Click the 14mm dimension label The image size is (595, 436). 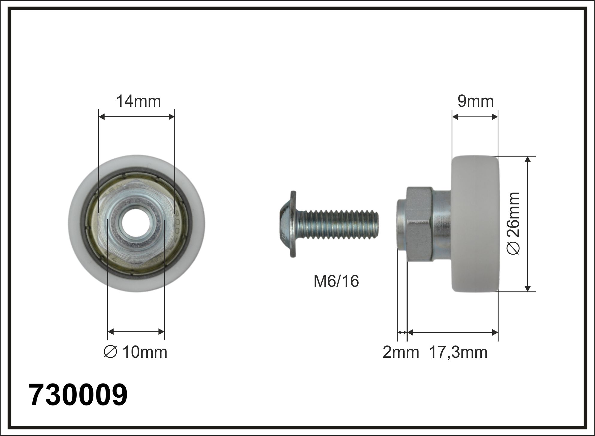(138, 101)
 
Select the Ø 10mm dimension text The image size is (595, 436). (135, 352)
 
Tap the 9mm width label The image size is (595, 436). (475, 101)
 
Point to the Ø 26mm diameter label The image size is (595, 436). (513, 224)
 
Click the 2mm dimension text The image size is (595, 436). (401, 352)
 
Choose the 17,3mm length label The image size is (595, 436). (458, 353)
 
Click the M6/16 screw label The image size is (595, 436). (336, 281)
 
